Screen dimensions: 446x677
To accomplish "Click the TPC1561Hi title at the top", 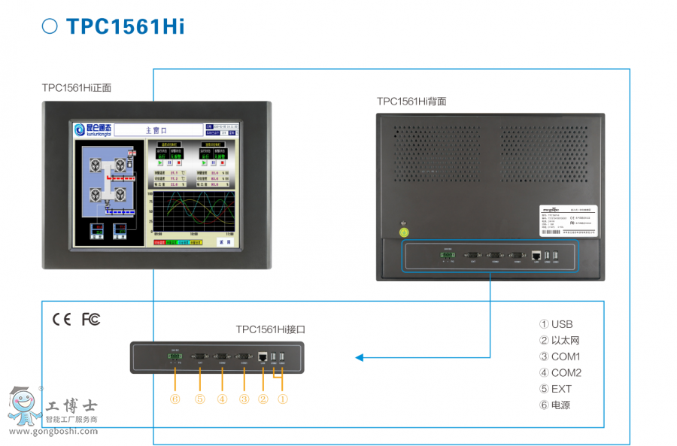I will [125, 27].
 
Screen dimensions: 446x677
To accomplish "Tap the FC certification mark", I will [91, 319].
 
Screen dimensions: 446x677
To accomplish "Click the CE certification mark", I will [62, 319].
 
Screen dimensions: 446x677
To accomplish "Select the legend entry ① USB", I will [556, 324].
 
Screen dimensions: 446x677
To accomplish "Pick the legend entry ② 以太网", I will [560, 341].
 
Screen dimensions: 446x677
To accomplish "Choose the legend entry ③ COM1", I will [560, 356].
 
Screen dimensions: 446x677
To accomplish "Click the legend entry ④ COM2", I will [560, 373].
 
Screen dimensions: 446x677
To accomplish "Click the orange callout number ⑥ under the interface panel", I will [175, 399].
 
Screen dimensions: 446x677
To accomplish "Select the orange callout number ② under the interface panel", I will [263, 399].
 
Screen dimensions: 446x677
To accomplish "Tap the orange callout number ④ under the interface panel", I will [222, 399].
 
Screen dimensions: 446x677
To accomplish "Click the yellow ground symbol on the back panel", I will [404, 232].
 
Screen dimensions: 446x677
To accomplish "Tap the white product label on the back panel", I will [568, 220].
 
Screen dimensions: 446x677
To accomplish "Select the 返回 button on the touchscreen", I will [223, 243].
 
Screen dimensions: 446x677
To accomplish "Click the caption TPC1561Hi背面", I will [411, 101].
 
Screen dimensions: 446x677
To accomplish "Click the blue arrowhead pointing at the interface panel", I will [359, 357].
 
